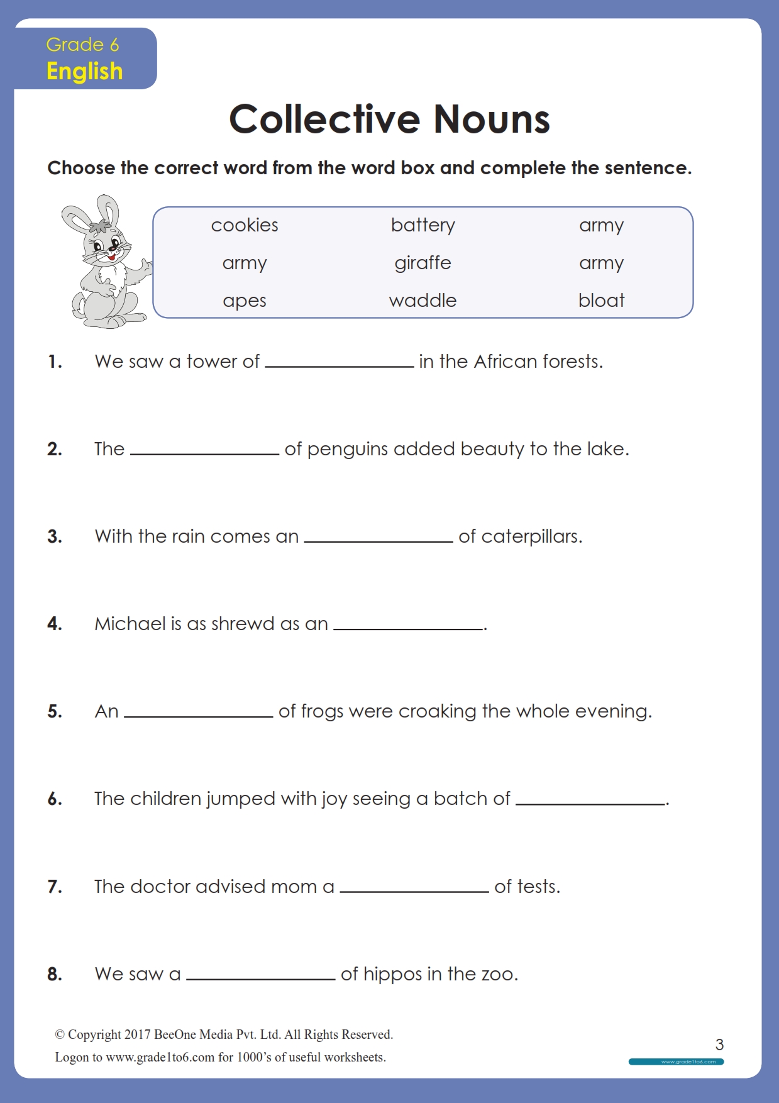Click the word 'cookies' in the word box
click(245, 225)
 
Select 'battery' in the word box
click(423, 225)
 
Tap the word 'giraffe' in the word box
click(423, 263)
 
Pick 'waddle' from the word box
click(423, 301)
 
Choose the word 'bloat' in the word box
click(601, 301)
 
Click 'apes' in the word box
click(245, 301)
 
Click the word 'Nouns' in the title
click(492, 119)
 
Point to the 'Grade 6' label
click(82, 45)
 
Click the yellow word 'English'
click(84, 71)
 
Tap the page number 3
click(719, 1045)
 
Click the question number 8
click(55, 974)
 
